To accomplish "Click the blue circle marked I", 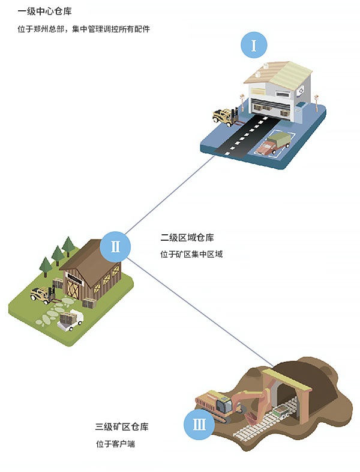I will point(253,46).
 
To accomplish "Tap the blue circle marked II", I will point(115,245).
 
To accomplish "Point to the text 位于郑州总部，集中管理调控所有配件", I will point(83,29).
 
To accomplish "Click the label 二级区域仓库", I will point(187,238).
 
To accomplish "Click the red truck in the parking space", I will point(274,144).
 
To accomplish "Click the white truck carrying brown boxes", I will point(70,321).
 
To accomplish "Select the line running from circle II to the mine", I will point(204,313).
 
